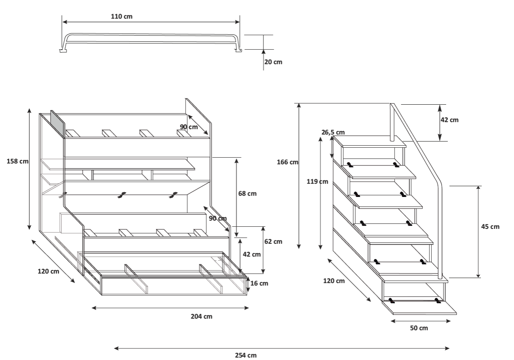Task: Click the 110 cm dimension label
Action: coord(122,16)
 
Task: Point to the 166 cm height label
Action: coord(287,162)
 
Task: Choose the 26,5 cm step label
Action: coord(333,132)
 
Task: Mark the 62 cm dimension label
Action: coord(273,241)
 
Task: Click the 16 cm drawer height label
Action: coord(259,283)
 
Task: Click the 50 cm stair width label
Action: coord(419,328)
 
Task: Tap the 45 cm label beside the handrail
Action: coord(491,227)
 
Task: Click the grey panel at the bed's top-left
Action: coord(57,123)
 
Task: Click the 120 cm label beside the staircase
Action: coord(334,281)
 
